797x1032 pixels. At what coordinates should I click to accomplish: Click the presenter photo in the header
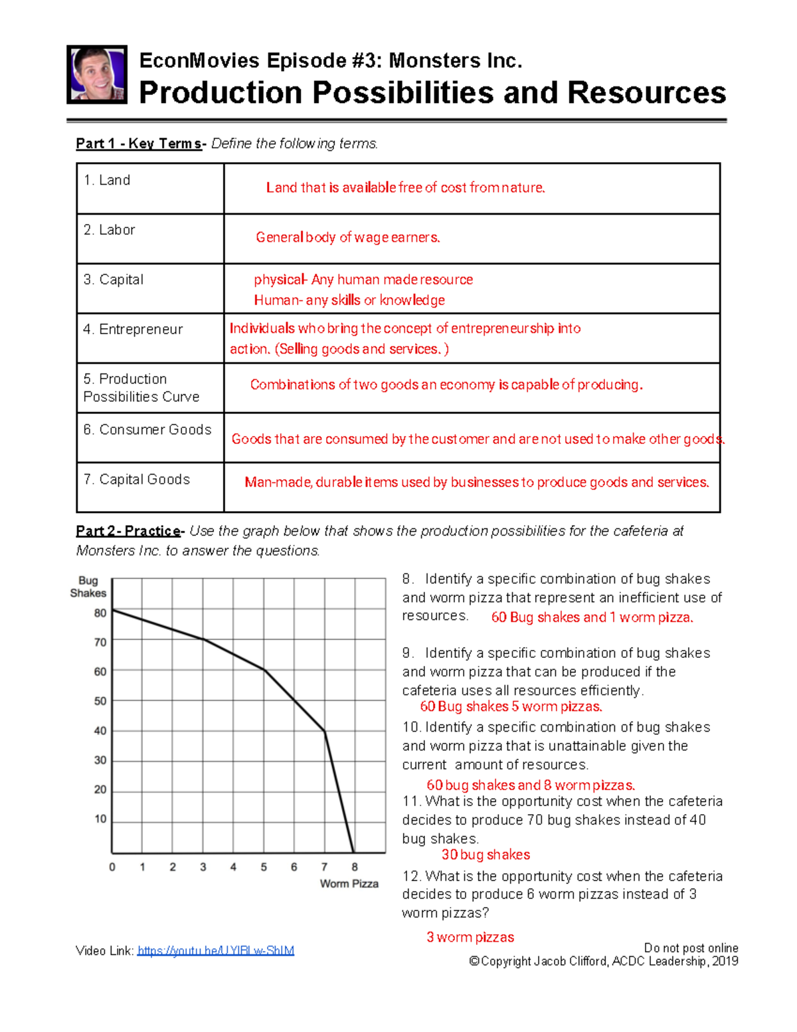coord(97,74)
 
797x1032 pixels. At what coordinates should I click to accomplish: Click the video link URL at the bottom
coord(215,951)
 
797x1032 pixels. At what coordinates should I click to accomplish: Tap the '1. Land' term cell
coord(150,188)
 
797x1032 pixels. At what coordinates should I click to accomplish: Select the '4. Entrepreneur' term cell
coord(150,338)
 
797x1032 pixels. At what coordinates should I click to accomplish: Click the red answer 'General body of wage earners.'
coord(348,237)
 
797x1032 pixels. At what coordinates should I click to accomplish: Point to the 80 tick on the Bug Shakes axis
coord(100,613)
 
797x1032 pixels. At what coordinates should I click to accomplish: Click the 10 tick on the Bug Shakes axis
coord(100,819)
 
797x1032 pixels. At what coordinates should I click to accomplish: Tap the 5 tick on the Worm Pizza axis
coord(264,867)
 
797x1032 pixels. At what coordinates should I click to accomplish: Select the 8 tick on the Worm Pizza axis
coord(355,867)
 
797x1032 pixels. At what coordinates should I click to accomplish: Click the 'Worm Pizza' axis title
coord(349,884)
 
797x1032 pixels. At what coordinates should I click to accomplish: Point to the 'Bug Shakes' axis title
coord(88,587)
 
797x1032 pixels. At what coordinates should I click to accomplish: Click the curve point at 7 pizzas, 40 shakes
coord(325,731)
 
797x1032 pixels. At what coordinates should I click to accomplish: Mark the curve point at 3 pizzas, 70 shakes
coord(203,639)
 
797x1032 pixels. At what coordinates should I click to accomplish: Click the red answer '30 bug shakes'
coord(486,855)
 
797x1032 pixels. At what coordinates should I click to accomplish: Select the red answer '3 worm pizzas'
coord(470,937)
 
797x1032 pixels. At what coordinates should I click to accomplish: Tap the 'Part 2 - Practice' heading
coord(129,531)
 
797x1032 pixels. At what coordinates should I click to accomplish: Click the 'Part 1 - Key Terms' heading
coord(139,144)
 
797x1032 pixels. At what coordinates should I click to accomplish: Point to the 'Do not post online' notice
coord(691,948)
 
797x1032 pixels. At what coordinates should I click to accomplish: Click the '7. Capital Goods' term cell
coord(150,487)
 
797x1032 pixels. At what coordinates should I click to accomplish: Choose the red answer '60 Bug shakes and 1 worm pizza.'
coord(592,617)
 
